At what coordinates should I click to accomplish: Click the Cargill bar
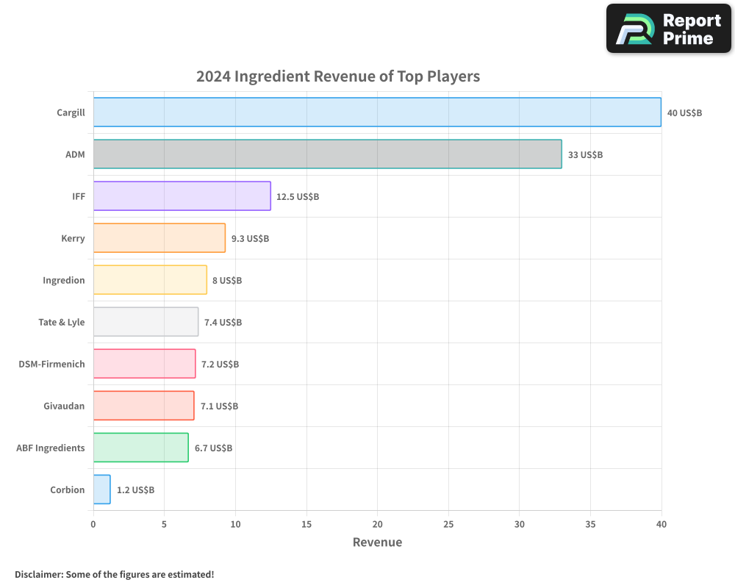click(x=377, y=112)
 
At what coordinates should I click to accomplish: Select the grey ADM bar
click(x=327, y=154)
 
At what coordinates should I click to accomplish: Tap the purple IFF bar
click(x=182, y=196)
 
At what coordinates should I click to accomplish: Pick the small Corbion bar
click(x=101, y=490)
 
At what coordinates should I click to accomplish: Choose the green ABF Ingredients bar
click(x=140, y=448)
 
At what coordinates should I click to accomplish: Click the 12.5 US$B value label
click(x=298, y=197)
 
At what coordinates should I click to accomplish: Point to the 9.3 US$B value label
click(x=250, y=239)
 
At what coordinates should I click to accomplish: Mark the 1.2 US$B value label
click(x=135, y=490)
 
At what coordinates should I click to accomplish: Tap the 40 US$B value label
click(x=684, y=113)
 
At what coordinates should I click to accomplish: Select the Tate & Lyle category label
click(x=62, y=322)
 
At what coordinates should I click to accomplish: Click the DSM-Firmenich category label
click(x=51, y=364)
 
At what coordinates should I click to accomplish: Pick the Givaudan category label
click(x=64, y=406)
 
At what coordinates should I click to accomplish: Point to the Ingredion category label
click(x=64, y=280)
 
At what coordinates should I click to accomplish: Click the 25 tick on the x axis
click(x=448, y=525)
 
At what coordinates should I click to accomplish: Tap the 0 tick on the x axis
click(x=93, y=525)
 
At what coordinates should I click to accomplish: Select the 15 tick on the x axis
click(x=306, y=525)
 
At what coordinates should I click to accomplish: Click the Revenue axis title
click(x=377, y=542)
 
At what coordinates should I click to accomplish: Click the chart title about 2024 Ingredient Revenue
click(x=338, y=76)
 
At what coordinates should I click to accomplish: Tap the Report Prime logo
click(x=669, y=29)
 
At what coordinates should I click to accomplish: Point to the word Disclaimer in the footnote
click(x=38, y=574)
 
